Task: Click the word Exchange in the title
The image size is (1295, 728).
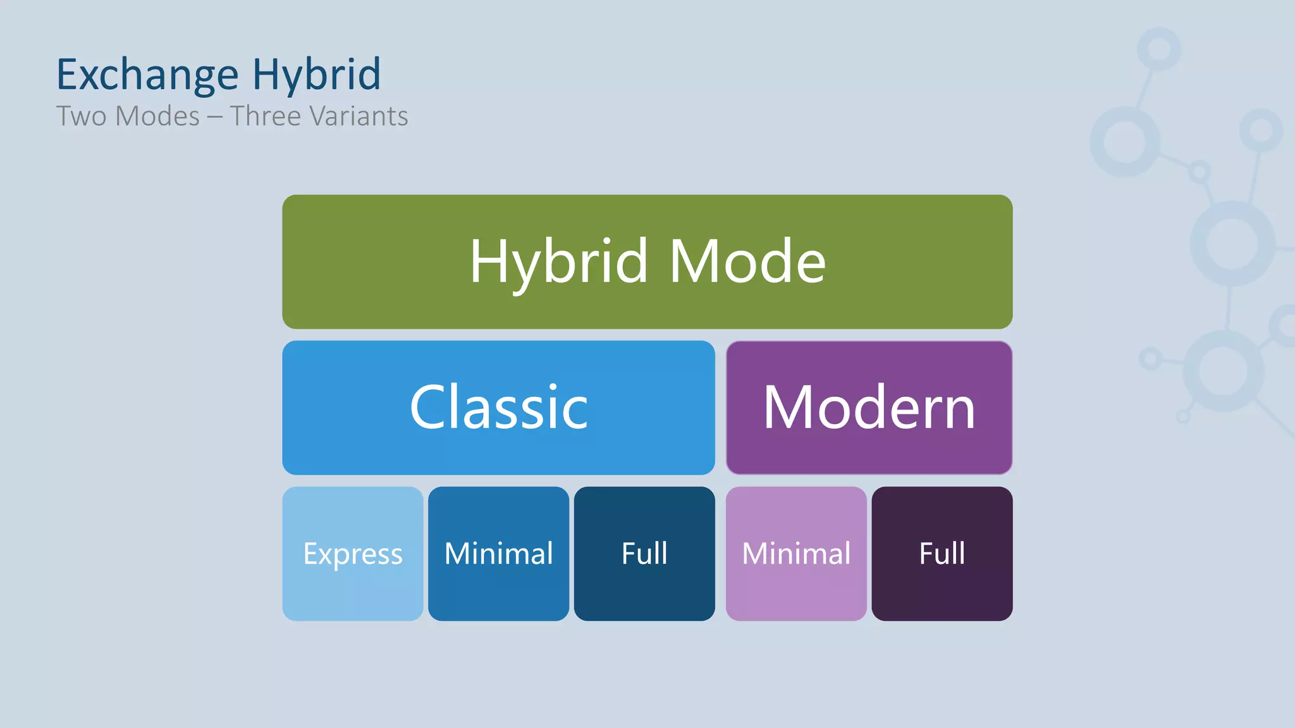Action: click(147, 75)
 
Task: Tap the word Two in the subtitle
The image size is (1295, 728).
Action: click(81, 116)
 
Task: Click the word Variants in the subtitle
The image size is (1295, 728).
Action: click(359, 116)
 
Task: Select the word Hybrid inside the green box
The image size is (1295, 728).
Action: click(559, 261)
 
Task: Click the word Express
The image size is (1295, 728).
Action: click(353, 554)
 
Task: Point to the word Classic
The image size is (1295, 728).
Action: click(498, 408)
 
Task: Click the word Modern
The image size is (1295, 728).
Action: click(869, 408)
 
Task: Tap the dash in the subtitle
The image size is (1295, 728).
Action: click(215, 117)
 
